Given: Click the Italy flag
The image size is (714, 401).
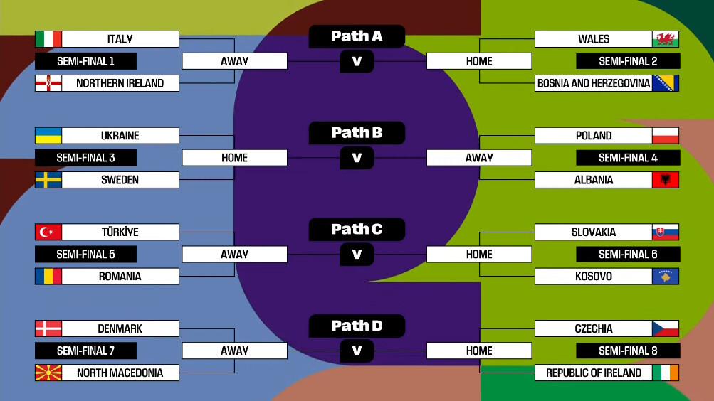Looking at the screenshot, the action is coord(48,39).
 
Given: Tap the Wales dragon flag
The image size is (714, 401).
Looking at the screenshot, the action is coord(666,39).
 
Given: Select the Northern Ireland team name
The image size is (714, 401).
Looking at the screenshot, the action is coord(120,83).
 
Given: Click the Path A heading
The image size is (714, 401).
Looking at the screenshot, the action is coord(357,36).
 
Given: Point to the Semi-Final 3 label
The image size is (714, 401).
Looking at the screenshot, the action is coord(85,158).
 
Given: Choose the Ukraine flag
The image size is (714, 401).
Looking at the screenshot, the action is coord(48,136).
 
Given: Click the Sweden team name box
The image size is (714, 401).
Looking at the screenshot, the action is coord(120,180).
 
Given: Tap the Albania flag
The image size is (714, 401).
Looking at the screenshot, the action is coord(666,180).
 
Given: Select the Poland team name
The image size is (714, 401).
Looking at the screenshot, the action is coord(594,136).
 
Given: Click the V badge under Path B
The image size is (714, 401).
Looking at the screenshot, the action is coord(357,158).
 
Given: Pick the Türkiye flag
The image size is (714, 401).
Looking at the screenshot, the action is coord(48,232).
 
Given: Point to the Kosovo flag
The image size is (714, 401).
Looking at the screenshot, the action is coord(666,277).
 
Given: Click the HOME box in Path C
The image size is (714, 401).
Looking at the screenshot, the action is coord(479,254).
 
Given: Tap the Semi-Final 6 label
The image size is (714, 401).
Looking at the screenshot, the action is coord(628,254).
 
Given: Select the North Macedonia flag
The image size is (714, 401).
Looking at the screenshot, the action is coord(48,373).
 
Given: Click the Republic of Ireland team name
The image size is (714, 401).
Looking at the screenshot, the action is coord(594,373).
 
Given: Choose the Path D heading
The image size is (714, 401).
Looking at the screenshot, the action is coord(357,326).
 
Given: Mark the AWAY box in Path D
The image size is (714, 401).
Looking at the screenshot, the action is coord(234,351).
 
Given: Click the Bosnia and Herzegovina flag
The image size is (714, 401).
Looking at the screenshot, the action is coord(666,83).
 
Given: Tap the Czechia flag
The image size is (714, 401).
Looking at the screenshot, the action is coord(666,328).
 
